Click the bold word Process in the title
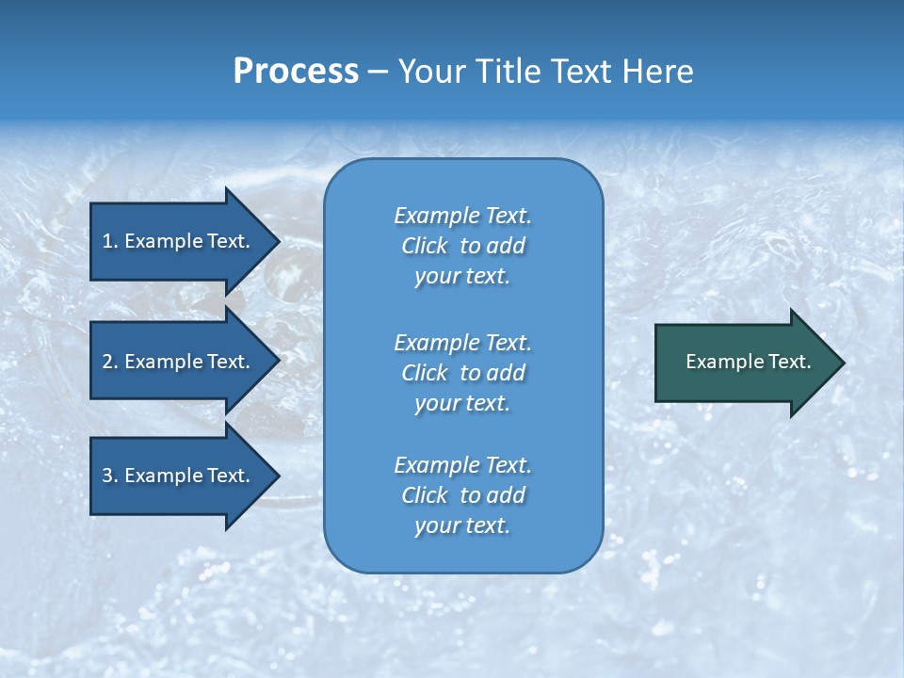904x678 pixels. tap(296, 72)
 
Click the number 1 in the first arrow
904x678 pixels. tap(107, 241)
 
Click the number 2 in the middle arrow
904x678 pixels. tap(107, 362)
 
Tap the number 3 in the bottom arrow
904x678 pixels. tap(107, 476)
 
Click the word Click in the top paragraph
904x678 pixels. tap(425, 246)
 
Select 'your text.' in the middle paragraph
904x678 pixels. tap(462, 403)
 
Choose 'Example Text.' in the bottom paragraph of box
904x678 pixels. tap(462, 465)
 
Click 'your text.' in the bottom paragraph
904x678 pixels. tap(462, 526)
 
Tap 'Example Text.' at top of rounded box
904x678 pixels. tap(462, 216)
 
